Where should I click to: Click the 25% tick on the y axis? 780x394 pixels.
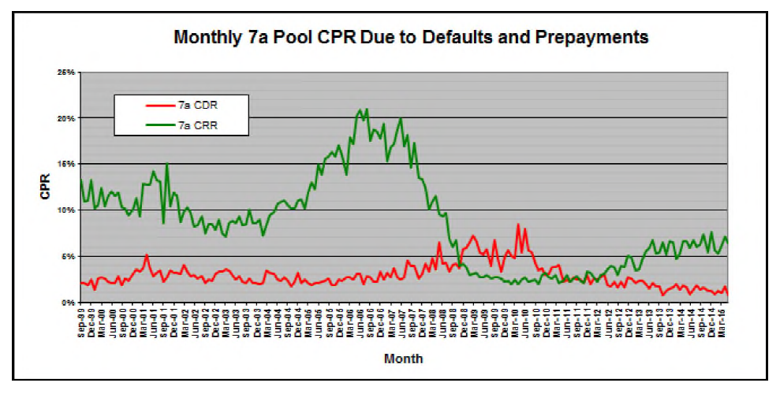[x=66, y=72]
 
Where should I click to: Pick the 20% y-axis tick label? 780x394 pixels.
[x=66, y=118]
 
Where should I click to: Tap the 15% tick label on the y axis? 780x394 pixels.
[x=66, y=164]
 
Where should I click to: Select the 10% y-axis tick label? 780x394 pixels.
[x=66, y=210]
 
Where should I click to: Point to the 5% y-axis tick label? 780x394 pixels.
[x=68, y=256]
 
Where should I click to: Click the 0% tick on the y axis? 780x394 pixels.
[x=68, y=303]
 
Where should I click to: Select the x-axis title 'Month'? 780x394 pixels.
[x=403, y=359]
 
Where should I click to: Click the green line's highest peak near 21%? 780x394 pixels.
[x=366, y=109]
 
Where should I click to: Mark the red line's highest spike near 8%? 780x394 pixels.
[x=518, y=225]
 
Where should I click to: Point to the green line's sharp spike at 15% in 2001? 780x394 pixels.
[x=166, y=164]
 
